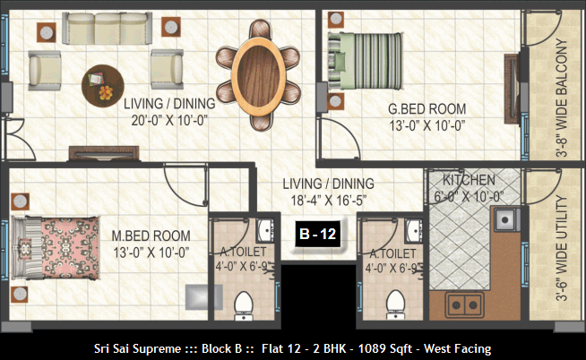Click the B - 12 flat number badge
pyautogui.click(x=318, y=234)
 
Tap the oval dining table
pyautogui.click(x=259, y=76)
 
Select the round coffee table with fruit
pyautogui.click(x=103, y=86)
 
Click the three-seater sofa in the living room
pyautogui.click(x=107, y=29)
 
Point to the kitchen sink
pyautogui.click(x=507, y=219)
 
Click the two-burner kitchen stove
pyautogui.click(x=464, y=305)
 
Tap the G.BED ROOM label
pyautogui.click(x=427, y=109)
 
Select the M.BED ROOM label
pyautogui.click(x=151, y=236)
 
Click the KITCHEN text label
pyautogui.click(x=469, y=180)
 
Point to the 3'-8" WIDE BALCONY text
pyautogui.click(x=561, y=98)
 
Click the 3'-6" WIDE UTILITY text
pyautogui.click(x=561, y=248)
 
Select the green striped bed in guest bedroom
pyautogui.click(x=365, y=61)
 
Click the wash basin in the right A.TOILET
pyautogui.click(x=414, y=230)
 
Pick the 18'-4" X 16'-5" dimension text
pyautogui.click(x=329, y=201)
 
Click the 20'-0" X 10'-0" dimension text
pyautogui.click(x=169, y=120)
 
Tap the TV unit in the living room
pyautogui.click(x=104, y=153)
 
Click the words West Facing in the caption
pyautogui.click(x=458, y=348)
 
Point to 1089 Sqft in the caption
pyautogui.click(x=385, y=348)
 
